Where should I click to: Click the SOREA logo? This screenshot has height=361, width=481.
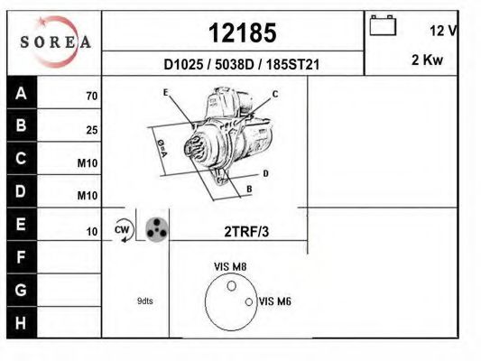(x=56, y=42)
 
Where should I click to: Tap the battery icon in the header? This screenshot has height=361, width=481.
(x=384, y=27)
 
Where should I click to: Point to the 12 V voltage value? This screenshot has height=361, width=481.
(x=442, y=31)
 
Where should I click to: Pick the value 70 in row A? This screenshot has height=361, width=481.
(x=91, y=96)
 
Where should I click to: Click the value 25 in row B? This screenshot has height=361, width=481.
(x=91, y=130)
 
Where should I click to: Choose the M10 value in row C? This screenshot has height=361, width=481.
(x=88, y=163)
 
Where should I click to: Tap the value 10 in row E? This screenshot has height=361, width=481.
(x=91, y=232)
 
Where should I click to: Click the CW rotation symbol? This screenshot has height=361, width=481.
(x=123, y=231)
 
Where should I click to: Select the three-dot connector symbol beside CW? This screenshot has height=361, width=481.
(x=156, y=229)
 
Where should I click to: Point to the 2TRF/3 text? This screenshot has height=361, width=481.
(x=245, y=232)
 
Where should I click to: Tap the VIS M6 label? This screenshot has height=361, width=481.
(x=275, y=301)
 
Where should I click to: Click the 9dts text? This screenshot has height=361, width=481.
(x=144, y=301)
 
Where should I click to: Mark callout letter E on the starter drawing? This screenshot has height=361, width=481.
(x=166, y=93)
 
